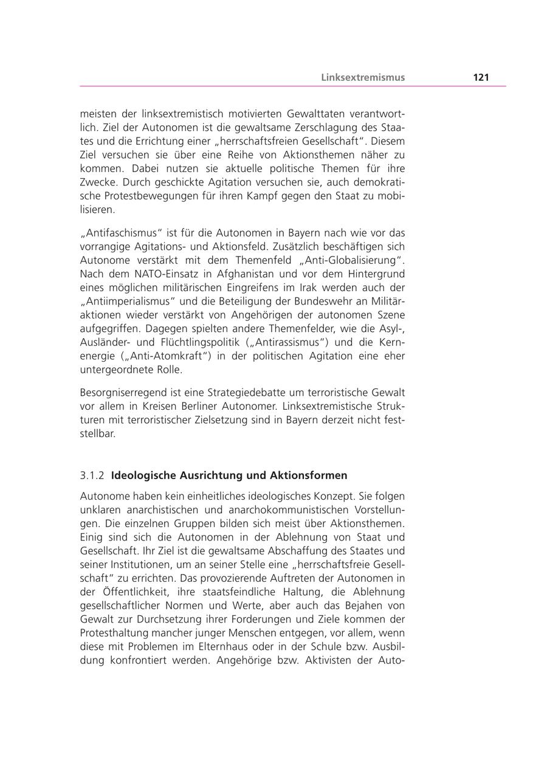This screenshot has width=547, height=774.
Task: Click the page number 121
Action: point(481,77)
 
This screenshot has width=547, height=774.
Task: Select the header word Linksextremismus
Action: point(363,77)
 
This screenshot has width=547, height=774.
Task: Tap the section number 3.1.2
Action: point(92,475)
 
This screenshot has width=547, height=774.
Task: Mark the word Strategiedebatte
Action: point(230,393)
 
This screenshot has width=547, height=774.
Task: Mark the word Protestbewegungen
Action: point(143,196)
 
